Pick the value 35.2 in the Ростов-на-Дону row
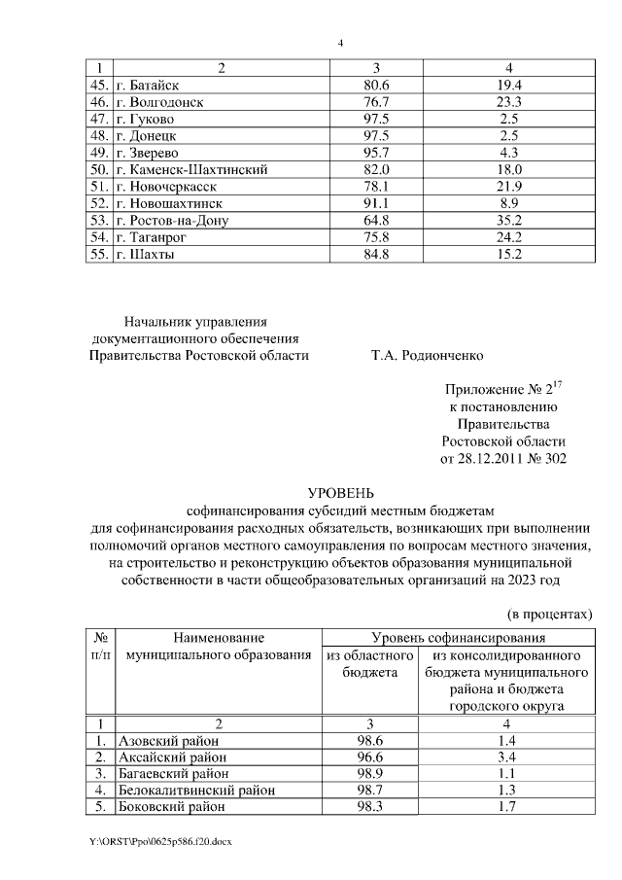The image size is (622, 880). (510, 221)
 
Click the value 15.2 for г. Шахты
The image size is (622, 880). (510, 255)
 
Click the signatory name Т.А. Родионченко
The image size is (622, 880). (427, 355)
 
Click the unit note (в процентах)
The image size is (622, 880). (550, 616)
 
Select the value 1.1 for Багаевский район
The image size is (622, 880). (508, 774)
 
